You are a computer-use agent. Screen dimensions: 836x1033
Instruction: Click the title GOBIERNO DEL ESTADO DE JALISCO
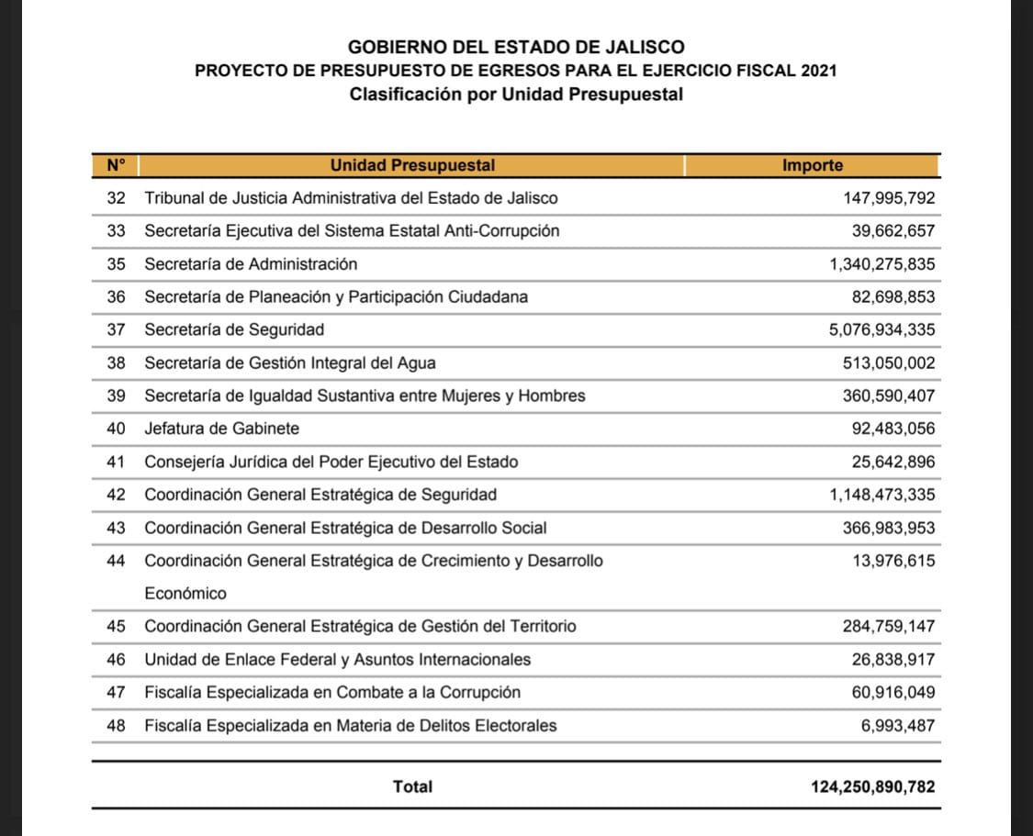[516, 47]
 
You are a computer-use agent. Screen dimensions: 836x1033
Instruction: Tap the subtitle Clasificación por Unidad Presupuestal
[516, 95]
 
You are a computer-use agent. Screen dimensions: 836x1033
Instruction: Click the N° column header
[116, 166]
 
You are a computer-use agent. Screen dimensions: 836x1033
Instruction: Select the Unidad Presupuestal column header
[412, 166]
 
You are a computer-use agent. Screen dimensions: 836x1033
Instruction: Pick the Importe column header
[812, 166]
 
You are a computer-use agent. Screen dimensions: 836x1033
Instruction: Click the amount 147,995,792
[889, 198]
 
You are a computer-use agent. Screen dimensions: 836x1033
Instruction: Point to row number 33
[116, 231]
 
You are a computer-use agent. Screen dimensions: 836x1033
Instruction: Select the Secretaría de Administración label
[251, 264]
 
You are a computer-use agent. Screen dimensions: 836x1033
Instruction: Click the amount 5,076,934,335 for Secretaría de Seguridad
[881, 330]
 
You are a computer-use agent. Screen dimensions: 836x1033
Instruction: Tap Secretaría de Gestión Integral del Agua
[290, 363]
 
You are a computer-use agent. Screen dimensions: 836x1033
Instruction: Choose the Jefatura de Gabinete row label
[221, 429]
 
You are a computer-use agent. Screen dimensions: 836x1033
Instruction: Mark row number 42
[116, 495]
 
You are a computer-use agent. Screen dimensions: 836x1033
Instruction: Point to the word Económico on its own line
[185, 594]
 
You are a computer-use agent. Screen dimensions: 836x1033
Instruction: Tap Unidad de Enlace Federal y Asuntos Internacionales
[337, 660]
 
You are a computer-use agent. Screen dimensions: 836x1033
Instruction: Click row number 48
[116, 726]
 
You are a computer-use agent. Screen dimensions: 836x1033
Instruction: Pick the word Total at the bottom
[412, 786]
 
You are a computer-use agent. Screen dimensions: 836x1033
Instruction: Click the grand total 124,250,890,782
[873, 786]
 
